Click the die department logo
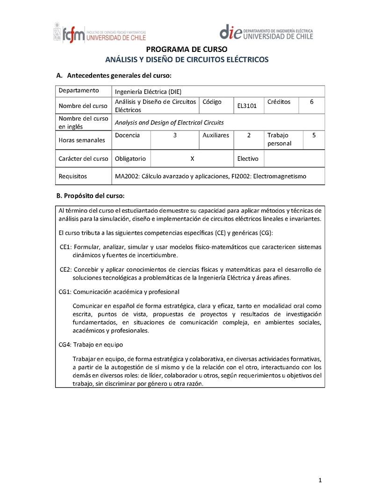pos(266,32)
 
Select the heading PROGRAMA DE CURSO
pos(187,50)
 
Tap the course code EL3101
pos(247,106)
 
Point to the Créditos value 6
pos(312,101)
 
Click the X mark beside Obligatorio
pos(192,159)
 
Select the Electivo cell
pos(248,159)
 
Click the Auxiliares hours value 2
pos(249,135)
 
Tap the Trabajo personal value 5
pos(314,135)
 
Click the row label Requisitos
pos(73,176)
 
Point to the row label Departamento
pos(79,91)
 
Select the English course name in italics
pos(169,123)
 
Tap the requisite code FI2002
pos(242,176)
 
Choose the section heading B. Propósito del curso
pos(90,195)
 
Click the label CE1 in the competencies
pos(65,247)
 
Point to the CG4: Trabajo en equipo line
pos(91,345)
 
